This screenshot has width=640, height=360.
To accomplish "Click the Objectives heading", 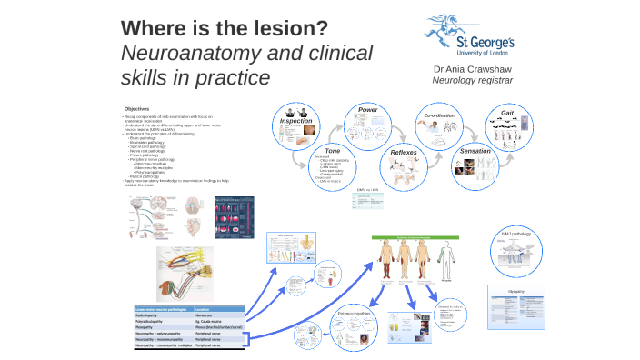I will click(136, 110).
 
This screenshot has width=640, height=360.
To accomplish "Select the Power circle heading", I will click(367, 110).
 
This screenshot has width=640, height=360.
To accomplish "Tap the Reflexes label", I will click(404, 152).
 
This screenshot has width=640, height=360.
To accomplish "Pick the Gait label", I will click(508, 113).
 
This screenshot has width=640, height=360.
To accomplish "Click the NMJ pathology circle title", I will click(515, 234).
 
